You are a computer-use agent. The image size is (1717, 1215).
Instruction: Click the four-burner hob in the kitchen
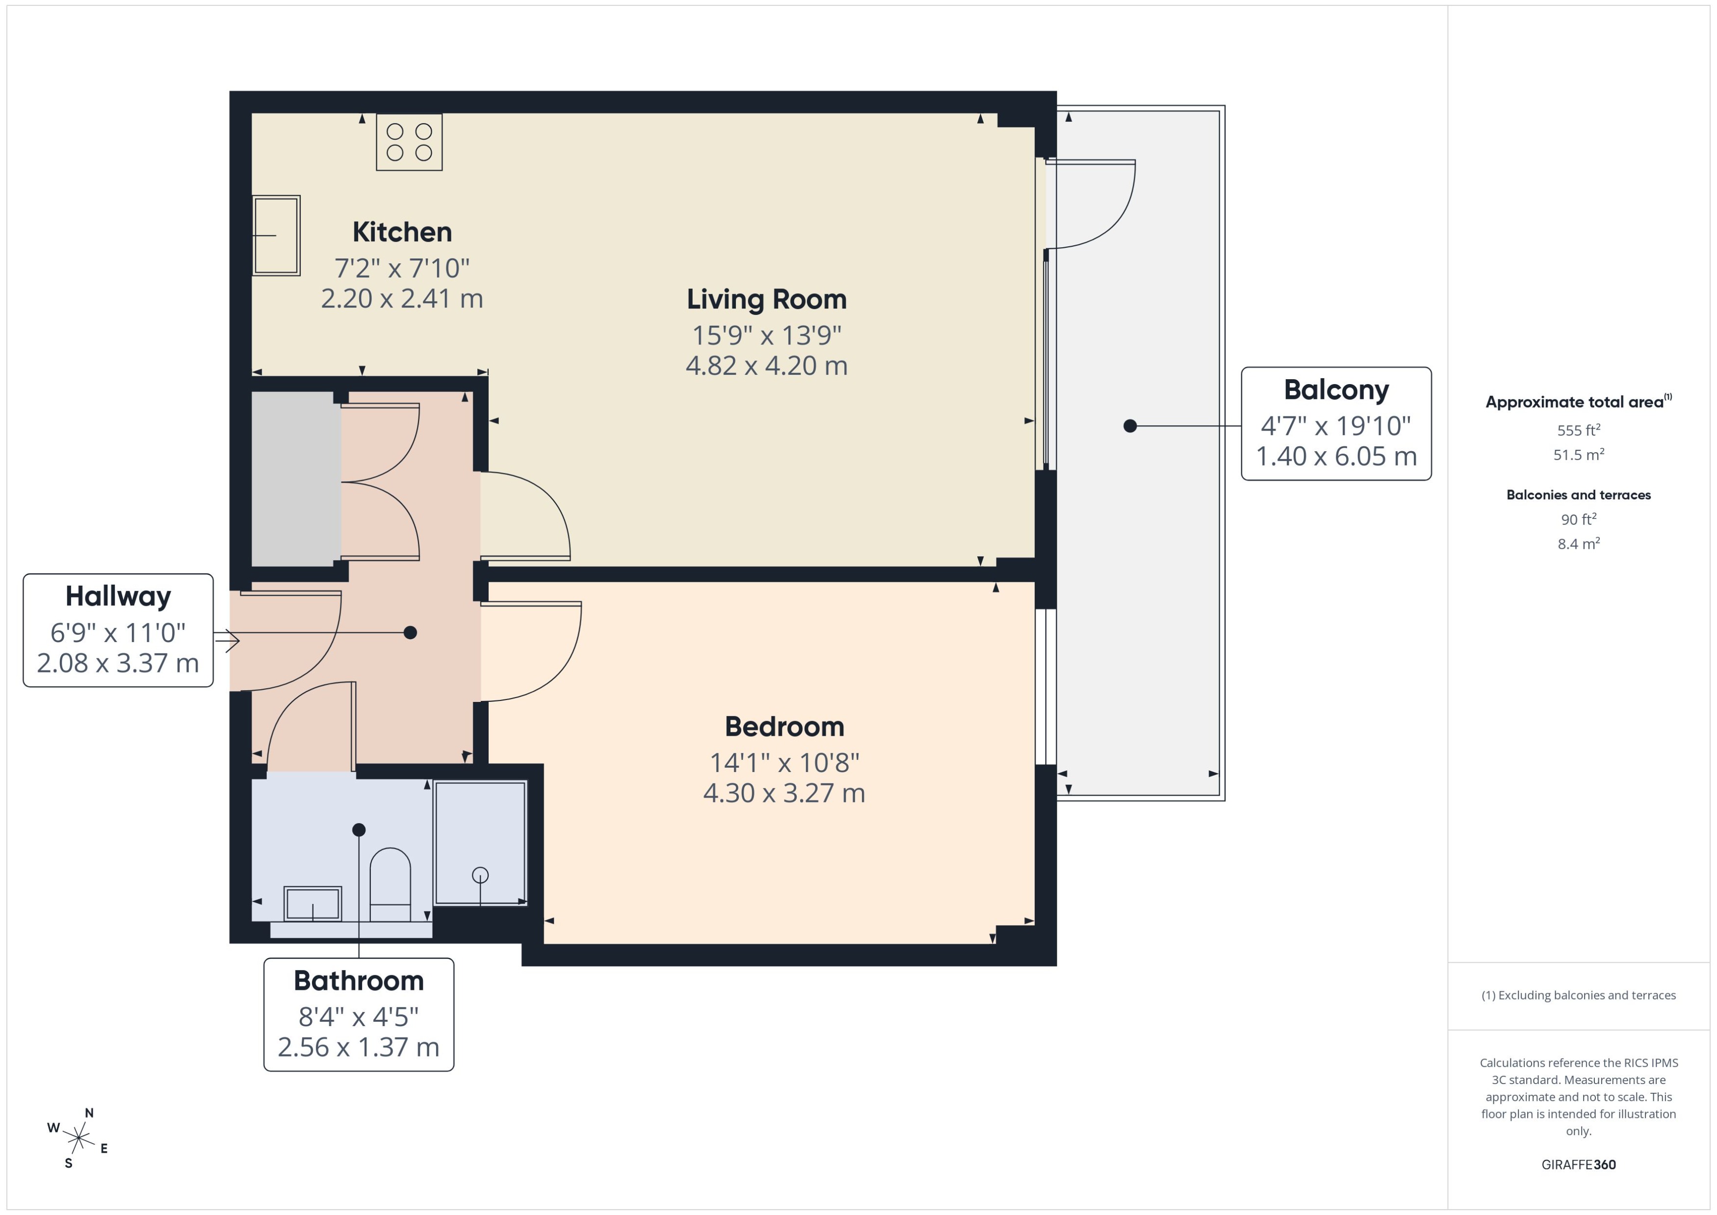pos(409,142)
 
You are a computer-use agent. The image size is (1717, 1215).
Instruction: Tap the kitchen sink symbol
pos(276,235)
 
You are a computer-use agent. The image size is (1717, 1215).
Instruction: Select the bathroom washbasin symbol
pos(312,904)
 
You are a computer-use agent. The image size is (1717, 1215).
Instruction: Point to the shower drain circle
pos(480,875)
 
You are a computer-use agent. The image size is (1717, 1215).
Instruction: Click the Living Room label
pos(766,299)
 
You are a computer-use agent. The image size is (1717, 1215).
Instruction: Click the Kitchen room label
pos(402,232)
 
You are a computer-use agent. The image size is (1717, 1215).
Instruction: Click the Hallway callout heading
pos(118,596)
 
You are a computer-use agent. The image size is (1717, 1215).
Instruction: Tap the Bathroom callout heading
pos(359,981)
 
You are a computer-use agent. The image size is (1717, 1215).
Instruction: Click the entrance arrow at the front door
pos(227,640)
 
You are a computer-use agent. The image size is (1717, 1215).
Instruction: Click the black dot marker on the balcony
pos(1130,426)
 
